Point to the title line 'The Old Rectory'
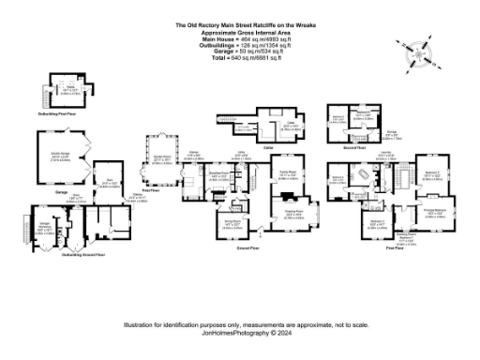[x=241, y=25]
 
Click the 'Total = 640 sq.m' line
[x=241, y=59]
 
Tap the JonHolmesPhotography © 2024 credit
[x=240, y=332]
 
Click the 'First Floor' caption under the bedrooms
[x=397, y=248]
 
